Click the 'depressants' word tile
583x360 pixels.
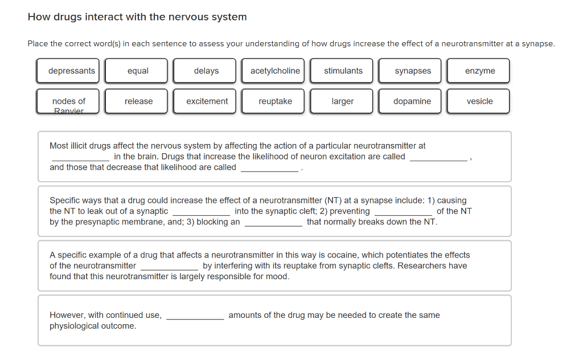click(x=71, y=71)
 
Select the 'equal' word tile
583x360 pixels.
click(x=138, y=71)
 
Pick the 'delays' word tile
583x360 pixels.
click(x=206, y=71)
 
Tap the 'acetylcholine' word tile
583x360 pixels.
click(x=274, y=71)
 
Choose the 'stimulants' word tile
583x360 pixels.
click(x=343, y=71)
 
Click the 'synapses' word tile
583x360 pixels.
click(x=413, y=71)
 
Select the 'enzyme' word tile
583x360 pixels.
click(x=479, y=71)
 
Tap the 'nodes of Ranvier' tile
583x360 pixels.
click(x=68, y=101)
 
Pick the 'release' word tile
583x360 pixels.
click(x=138, y=101)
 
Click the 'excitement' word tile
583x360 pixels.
click(x=207, y=101)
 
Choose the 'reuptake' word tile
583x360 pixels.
click(x=275, y=101)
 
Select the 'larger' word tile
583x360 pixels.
click(x=343, y=101)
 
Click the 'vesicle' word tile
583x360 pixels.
click(x=479, y=101)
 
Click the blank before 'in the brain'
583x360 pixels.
click(x=80, y=157)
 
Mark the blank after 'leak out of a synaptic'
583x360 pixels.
click(x=201, y=212)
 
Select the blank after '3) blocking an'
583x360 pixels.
click(x=273, y=223)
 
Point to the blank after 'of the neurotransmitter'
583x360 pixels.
click(x=169, y=267)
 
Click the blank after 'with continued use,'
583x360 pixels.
click(x=195, y=316)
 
